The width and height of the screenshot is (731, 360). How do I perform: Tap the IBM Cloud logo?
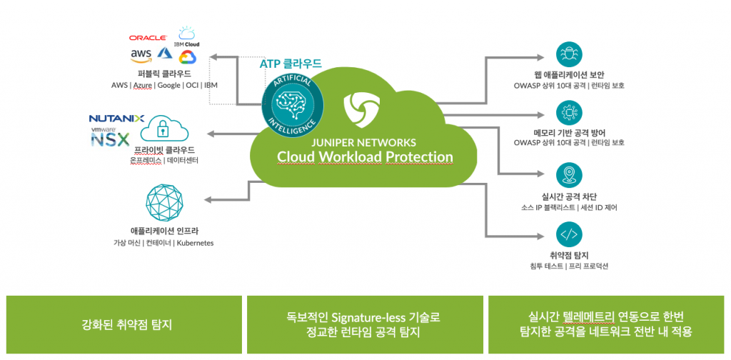(x=187, y=36)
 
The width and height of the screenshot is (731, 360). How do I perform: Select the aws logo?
(x=141, y=54)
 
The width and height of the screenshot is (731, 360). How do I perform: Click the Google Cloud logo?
(x=187, y=56)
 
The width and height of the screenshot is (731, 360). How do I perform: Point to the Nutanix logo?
(x=116, y=119)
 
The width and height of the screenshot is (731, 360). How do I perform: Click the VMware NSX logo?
(x=112, y=136)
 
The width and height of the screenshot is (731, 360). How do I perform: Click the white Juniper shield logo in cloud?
(x=356, y=107)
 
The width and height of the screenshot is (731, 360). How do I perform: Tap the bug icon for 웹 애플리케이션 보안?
(x=569, y=55)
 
